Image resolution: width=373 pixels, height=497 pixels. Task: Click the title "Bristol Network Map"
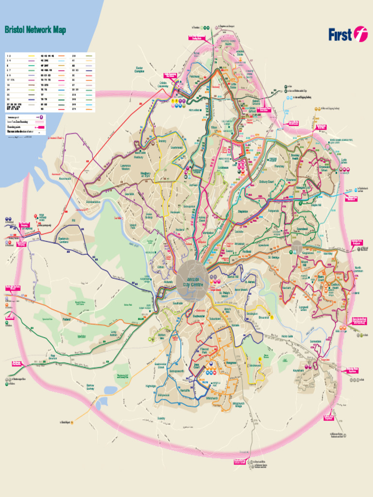35,30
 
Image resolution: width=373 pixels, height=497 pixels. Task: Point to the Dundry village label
161,418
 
